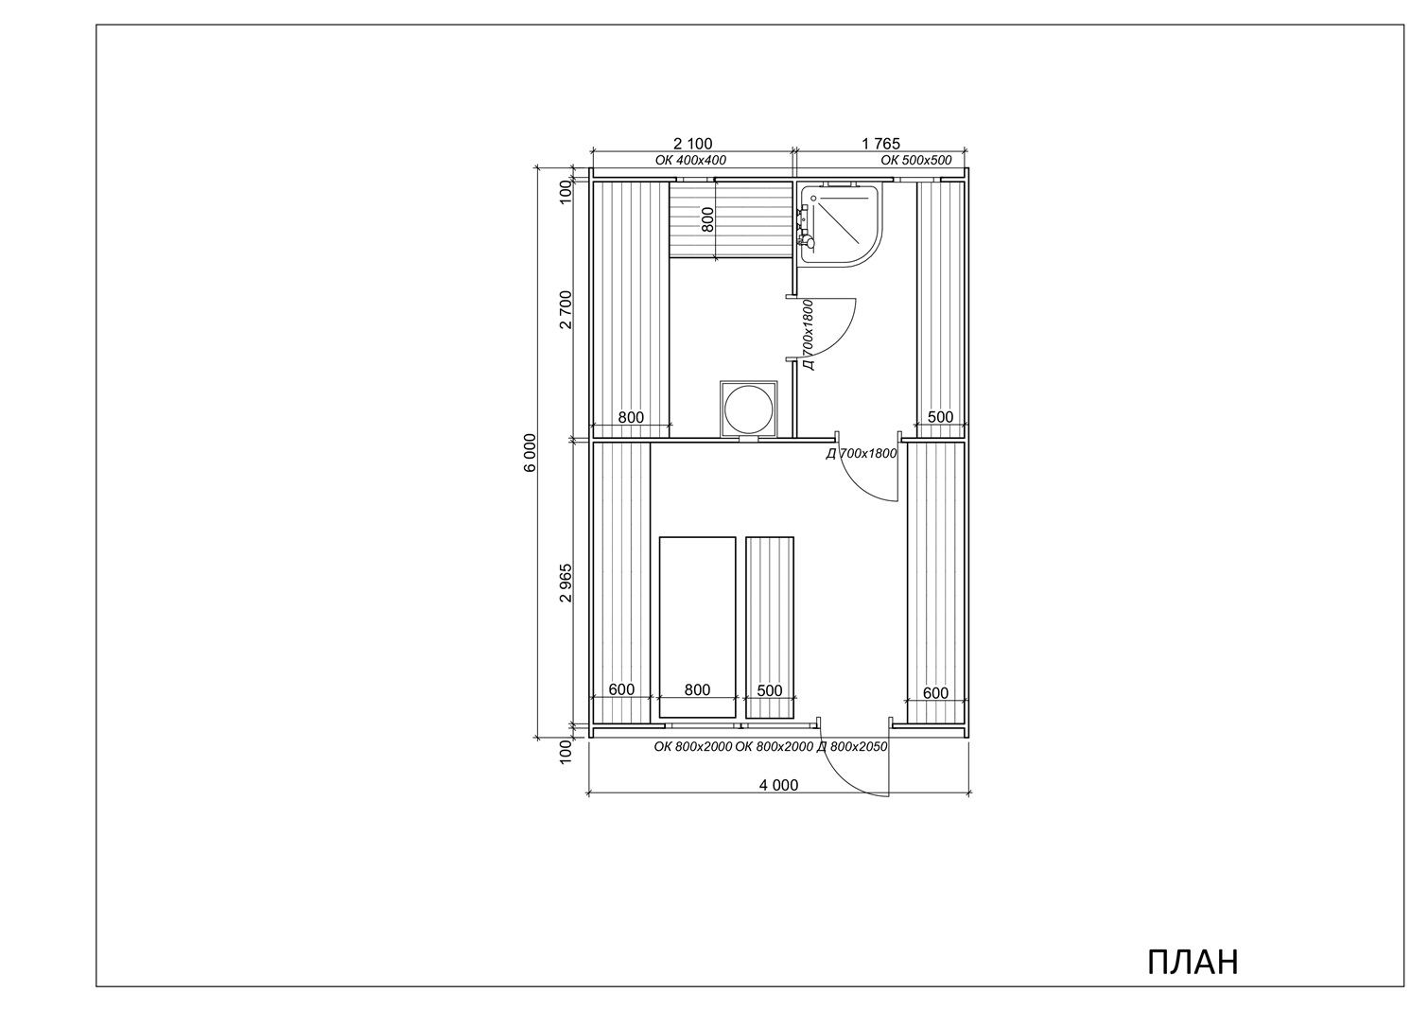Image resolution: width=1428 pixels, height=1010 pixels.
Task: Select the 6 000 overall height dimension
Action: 531,453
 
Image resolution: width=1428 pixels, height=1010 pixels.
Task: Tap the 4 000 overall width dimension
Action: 778,785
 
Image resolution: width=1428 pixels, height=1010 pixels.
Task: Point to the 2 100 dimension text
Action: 693,144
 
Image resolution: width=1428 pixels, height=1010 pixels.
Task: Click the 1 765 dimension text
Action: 881,144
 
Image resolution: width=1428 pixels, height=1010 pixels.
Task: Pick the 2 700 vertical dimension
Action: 566,309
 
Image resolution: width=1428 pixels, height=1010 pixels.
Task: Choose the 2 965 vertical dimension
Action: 566,583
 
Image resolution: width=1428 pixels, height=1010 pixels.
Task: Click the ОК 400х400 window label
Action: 690,160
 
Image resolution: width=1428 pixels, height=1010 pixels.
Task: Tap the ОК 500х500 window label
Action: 916,160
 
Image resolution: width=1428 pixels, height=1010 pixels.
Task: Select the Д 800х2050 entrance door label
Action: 852,746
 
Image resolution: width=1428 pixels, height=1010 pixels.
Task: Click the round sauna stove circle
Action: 748,409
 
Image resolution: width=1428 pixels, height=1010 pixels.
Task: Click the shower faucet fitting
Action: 805,226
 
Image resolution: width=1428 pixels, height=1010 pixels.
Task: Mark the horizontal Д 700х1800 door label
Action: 862,453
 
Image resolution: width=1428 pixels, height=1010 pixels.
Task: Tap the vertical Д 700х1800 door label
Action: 808,335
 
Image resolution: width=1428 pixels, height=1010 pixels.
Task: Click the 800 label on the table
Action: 697,689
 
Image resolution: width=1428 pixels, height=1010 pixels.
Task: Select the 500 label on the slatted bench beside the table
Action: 770,690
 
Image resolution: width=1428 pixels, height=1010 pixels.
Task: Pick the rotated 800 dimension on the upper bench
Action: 707,219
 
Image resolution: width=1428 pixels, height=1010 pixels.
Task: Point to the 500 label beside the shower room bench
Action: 940,417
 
